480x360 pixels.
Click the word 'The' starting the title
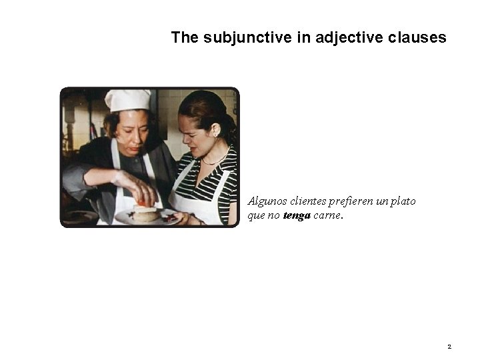185,37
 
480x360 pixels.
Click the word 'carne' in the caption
327,215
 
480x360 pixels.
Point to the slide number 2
449,347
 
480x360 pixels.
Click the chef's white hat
128,100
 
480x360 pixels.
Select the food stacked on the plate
145,213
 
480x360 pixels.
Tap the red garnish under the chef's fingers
143,202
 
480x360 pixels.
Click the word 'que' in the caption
256,215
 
